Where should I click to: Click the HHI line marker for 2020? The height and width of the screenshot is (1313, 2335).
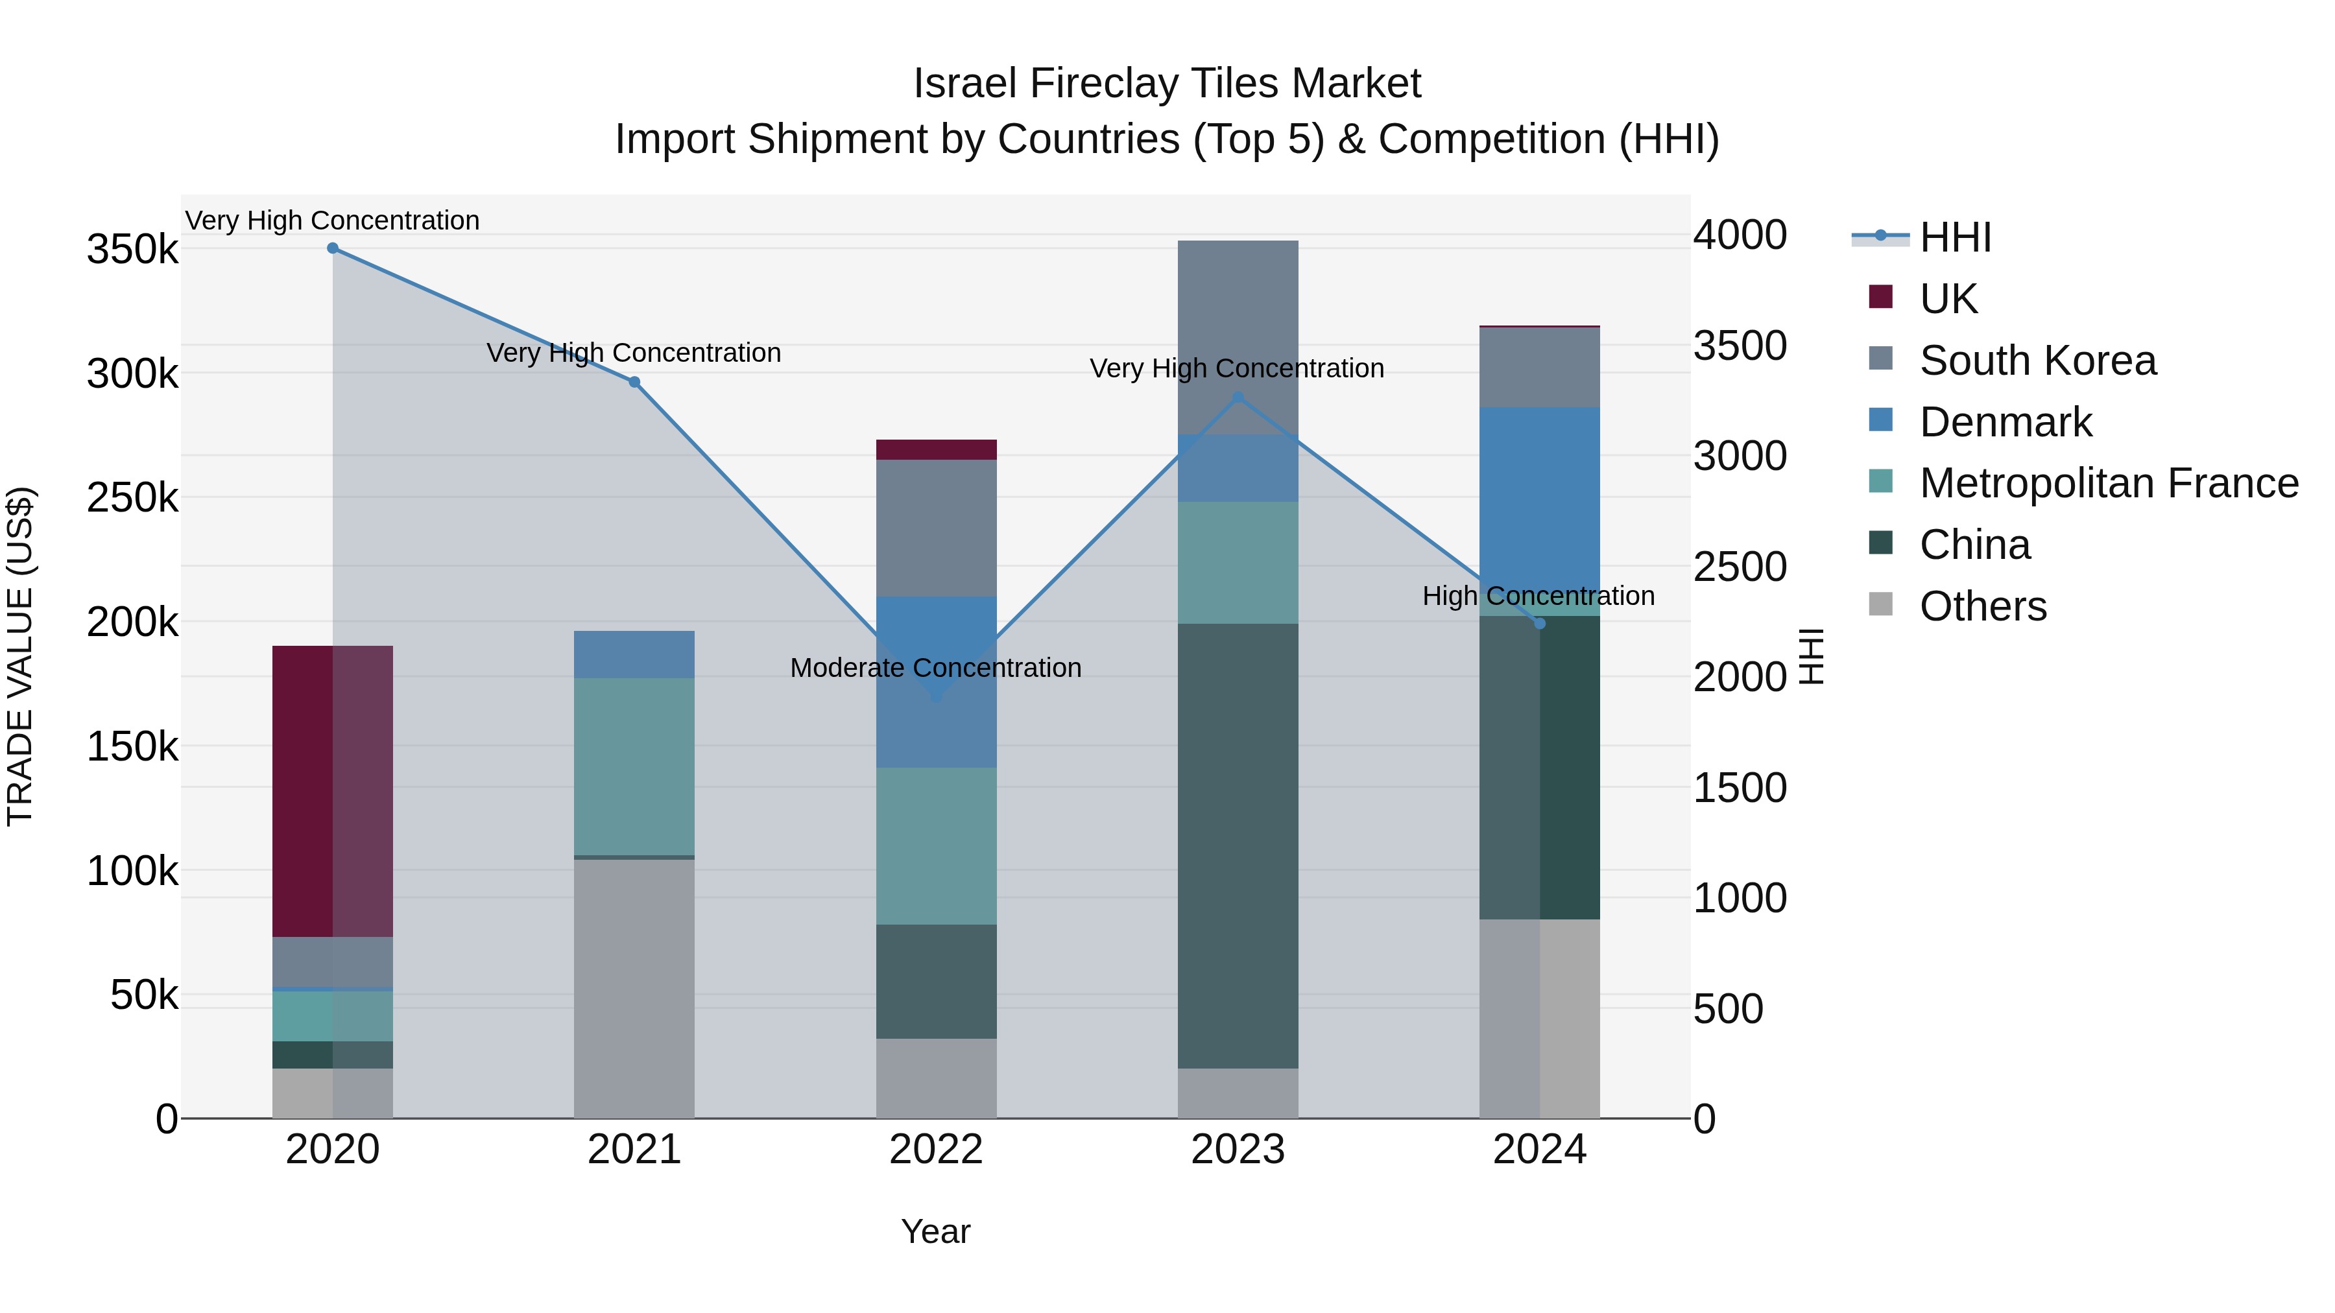point(333,248)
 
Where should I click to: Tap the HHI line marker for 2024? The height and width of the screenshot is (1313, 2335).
point(1539,623)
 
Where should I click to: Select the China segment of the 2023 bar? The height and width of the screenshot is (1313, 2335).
point(1238,846)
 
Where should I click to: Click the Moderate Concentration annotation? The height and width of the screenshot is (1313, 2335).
point(935,668)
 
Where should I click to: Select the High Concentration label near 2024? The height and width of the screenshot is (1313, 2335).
point(1539,597)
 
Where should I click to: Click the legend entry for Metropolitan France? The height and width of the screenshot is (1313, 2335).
point(2109,483)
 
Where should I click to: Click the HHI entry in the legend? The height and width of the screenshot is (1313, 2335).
point(1955,237)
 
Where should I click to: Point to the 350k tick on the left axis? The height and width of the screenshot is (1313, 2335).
point(132,249)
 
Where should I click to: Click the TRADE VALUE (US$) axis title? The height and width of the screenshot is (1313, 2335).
point(20,656)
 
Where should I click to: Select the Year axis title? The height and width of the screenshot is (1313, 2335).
point(935,1231)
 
